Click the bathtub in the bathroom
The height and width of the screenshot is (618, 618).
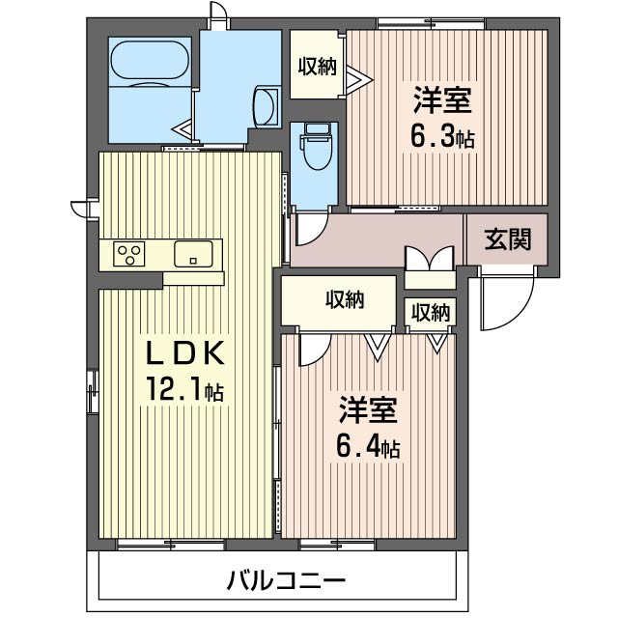(x=150, y=62)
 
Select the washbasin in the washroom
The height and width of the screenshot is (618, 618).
(x=266, y=106)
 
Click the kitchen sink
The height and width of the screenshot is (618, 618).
(x=193, y=254)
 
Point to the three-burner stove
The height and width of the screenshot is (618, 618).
(x=129, y=254)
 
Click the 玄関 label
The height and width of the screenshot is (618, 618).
(x=508, y=239)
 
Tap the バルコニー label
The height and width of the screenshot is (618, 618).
(x=287, y=580)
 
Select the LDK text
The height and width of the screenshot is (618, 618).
(x=185, y=353)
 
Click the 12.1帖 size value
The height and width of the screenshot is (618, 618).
(x=184, y=388)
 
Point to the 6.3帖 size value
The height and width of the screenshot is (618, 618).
(x=442, y=137)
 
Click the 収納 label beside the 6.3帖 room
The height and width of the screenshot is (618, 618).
(x=317, y=67)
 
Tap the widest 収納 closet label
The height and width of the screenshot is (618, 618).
(x=345, y=299)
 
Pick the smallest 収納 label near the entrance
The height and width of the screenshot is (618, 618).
(x=431, y=313)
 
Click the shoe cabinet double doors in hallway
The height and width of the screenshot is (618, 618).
(x=430, y=259)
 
